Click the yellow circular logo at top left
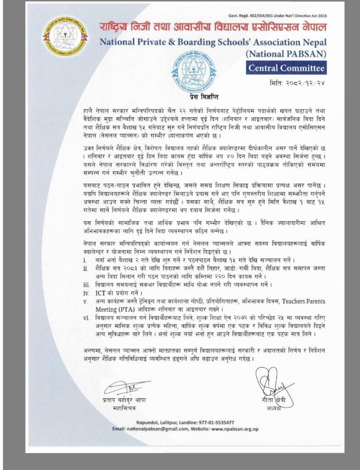pos(65,35)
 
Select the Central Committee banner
pos(286,68)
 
